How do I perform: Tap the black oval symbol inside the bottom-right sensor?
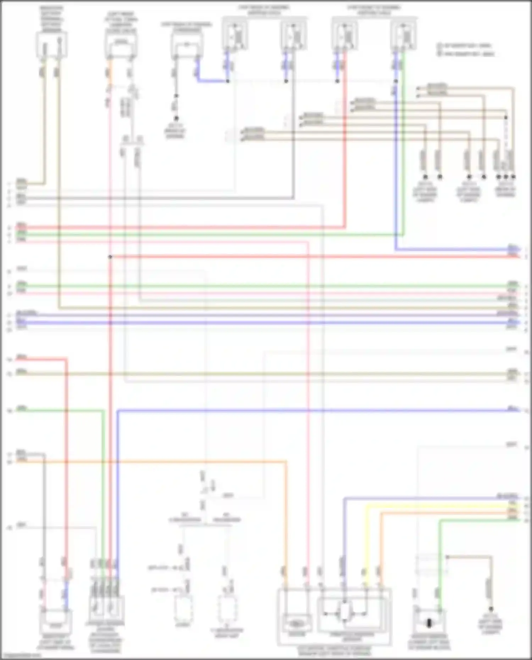pyautogui.click(x=429, y=623)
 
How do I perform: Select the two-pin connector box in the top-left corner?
pyautogui.click(x=52, y=45)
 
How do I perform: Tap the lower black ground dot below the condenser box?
pyautogui.click(x=176, y=118)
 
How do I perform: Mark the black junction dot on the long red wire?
pyautogui.click(x=110, y=256)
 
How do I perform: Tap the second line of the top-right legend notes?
pyautogui.click(x=466, y=54)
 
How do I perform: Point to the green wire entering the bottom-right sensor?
pyautogui.click(x=439, y=567)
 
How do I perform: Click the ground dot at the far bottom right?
pyautogui.click(x=491, y=609)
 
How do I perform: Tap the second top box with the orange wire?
pyautogui.click(x=121, y=45)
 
